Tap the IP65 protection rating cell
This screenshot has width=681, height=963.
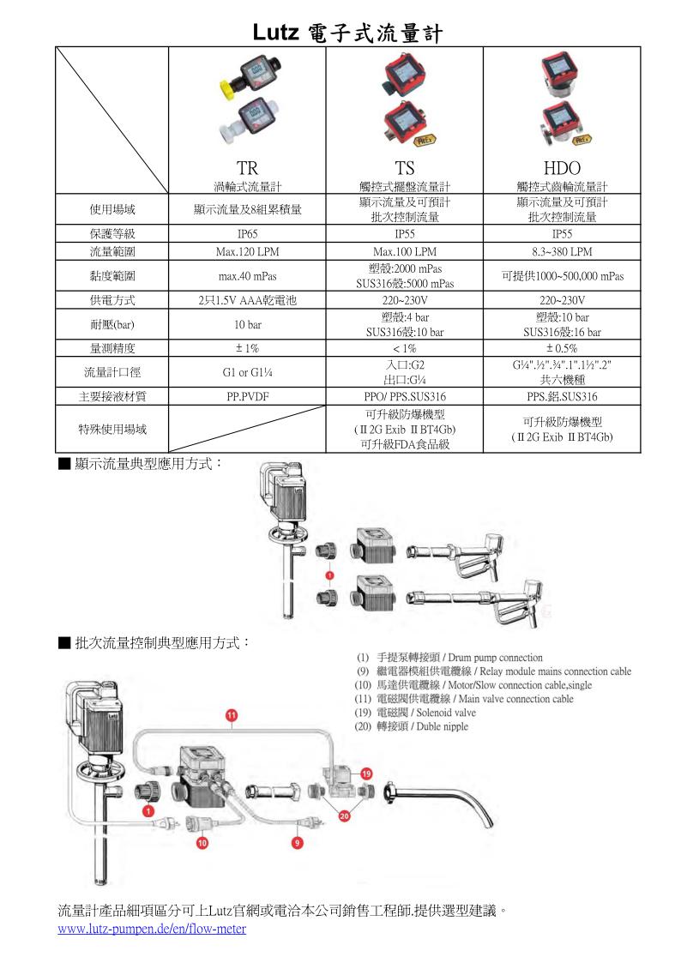tap(247, 233)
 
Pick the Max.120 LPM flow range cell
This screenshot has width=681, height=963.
tap(247, 252)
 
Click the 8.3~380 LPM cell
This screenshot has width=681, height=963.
tap(562, 252)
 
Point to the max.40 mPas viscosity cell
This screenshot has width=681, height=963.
tap(247, 276)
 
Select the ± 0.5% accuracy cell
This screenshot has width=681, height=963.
tap(562, 348)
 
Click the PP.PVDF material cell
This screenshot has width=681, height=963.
tap(247, 397)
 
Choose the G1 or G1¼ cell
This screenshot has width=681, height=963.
tap(247, 373)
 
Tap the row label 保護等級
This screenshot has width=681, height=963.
tap(112, 233)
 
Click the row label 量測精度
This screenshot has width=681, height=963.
tap(112, 348)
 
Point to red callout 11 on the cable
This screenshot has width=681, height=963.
tap(231, 714)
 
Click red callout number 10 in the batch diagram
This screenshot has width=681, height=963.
tap(203, 843)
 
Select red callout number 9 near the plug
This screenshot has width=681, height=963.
tap(297, 843)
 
